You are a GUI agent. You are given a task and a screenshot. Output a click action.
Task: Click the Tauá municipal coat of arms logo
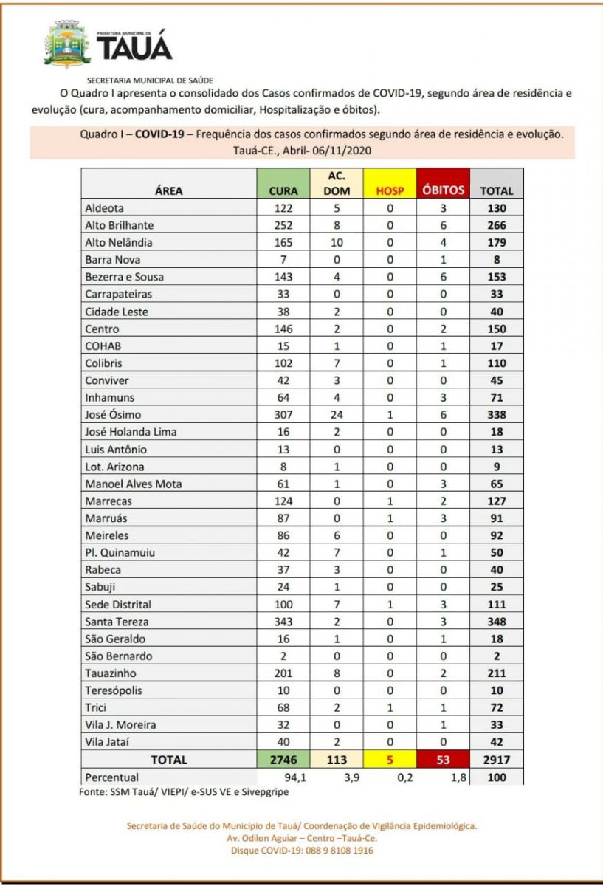click(69, 44)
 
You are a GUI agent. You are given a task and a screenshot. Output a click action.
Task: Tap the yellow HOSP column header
click(390, 190)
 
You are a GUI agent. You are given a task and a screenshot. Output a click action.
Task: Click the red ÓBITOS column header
click(444, 190)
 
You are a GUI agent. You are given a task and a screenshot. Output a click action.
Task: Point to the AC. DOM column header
click(337, 183)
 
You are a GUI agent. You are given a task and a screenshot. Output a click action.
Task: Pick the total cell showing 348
click(497, 621)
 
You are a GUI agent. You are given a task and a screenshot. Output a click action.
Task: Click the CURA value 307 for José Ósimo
click(283, 414)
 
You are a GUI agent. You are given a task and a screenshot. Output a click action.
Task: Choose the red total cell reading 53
click(444, 759)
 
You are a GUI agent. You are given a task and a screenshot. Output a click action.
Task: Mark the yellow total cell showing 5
click(390, 759)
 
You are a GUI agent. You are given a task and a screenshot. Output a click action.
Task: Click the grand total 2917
click(497, 759)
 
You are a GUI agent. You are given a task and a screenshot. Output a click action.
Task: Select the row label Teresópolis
click(114, 690)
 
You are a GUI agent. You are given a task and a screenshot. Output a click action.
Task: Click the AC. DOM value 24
click(337, 414)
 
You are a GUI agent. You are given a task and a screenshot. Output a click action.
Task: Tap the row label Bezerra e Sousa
click(125, 277)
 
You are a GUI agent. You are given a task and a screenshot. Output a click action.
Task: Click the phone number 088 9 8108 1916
click(334, 851)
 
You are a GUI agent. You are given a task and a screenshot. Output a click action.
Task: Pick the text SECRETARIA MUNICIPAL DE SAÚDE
click(151, 80)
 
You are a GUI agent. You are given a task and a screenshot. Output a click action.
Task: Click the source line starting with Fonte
click(184, 791)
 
